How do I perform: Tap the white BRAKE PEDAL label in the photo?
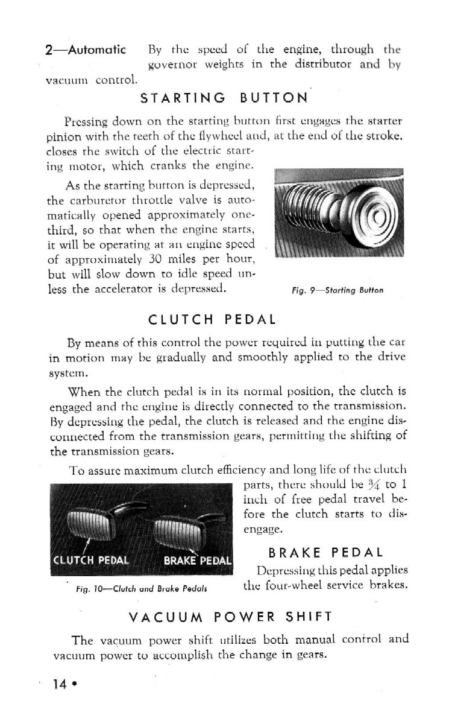pyautogui.click(x=198, y=558)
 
